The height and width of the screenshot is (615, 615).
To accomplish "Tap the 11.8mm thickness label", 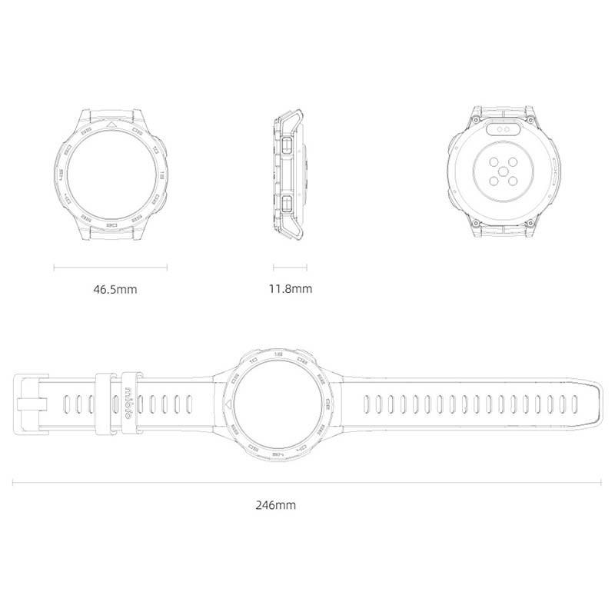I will coord(290,290).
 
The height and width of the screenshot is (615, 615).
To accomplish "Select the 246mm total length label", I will coord(275,505).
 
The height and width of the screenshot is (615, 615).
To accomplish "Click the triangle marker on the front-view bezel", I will coord(111,123).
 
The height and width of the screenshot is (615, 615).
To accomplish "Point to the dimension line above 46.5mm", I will coord(110,268).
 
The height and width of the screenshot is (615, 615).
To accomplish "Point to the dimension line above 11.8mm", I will coord(290,268).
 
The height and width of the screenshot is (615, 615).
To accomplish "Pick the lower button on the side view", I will coord(285,203).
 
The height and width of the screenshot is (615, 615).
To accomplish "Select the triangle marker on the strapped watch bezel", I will coord(227,404).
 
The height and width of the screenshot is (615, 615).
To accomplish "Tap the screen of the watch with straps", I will coord(275,404).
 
